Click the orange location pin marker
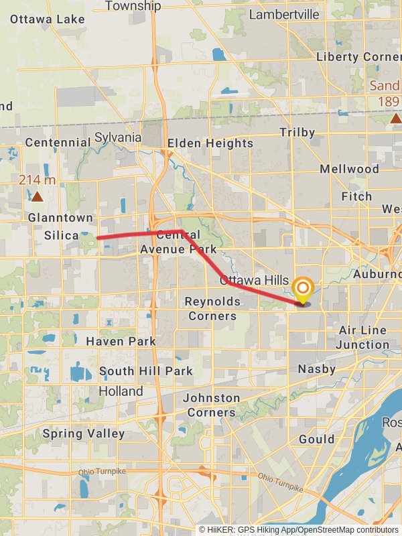(303, 289)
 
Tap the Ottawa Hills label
(254, 280)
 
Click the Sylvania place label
(118, 137)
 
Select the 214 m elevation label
(37, 180)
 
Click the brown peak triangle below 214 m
(38, 197)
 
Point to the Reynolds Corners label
(211, 309)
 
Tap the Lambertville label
(284, 14)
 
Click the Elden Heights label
(210, 143)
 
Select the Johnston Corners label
(212, 405)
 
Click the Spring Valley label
(84, 433)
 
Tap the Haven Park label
(121, 341)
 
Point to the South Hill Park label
(146, 371)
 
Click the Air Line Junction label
(364, 338)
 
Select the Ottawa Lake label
(48, 19)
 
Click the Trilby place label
(297, 133)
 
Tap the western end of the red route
(98, 238)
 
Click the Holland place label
(121, 391)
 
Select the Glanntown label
(60, 218)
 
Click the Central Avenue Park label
(178, 242)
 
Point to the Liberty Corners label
(358, 57)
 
